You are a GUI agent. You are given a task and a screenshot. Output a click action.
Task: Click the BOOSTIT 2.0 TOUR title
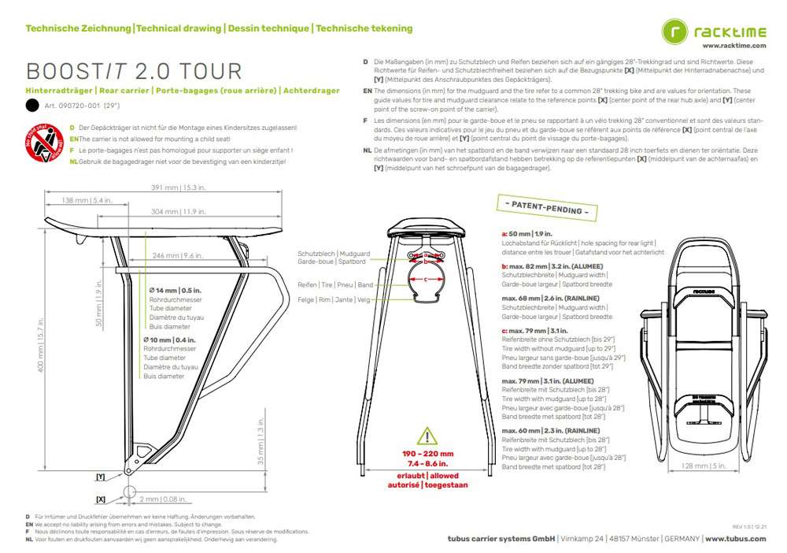(x=134, y=72)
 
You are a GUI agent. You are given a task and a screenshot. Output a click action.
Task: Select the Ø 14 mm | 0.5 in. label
(x=173, y=292)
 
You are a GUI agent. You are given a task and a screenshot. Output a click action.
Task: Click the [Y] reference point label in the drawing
(x=100, y=477)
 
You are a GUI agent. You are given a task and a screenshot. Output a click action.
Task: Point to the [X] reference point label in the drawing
(x=100, y=499)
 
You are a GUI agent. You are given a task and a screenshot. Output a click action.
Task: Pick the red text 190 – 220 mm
(x=428, y=455)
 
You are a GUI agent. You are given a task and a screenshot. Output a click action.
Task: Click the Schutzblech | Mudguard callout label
(x=334, y=254)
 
